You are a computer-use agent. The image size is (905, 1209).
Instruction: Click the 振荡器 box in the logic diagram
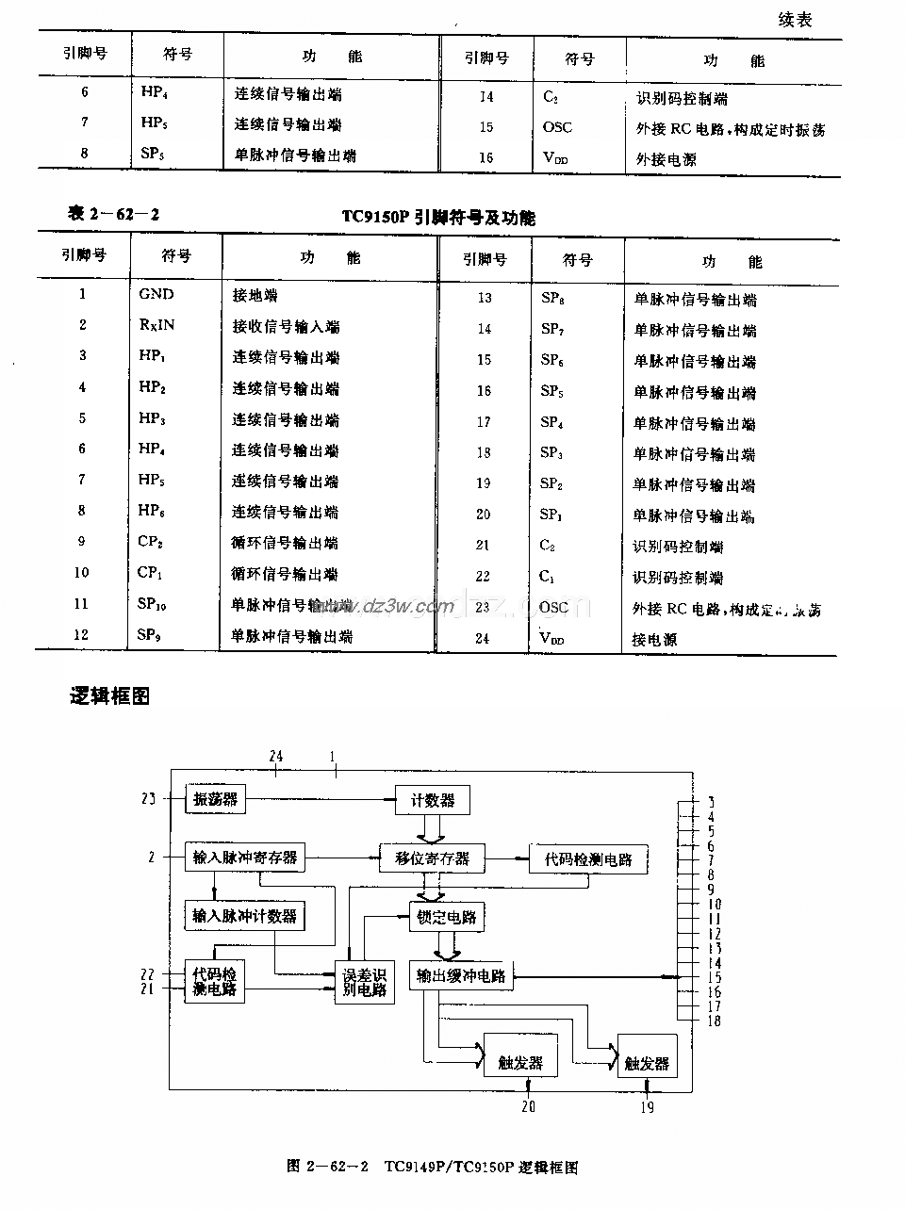[x=215, y=800]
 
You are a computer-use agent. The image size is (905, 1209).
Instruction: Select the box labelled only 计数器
[x=432, y=800]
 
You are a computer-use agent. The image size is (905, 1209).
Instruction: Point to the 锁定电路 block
[x=447, y=916]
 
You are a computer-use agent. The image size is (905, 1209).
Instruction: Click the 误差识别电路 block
[x=364, y=982]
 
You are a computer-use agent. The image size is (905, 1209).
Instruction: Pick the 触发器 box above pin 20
[x=520, y=1062]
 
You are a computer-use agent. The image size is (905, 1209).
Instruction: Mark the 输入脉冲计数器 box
[x=245, y=915]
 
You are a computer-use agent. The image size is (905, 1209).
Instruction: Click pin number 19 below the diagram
[x=647, y=1107]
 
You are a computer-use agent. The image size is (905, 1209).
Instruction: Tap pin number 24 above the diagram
[x=275, y=756]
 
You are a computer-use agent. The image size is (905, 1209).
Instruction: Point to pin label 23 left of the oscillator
[x=148, y=799]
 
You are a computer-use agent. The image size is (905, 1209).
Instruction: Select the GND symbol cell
[x=156, y=294]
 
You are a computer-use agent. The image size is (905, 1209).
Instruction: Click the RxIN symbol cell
[x=156, y=325]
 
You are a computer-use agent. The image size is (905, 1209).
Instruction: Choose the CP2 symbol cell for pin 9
[x=150, y=542]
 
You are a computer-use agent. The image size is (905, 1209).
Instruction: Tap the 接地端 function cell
[x=255, y=295]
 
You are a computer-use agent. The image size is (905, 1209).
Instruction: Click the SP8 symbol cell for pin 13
[x=552, y=299]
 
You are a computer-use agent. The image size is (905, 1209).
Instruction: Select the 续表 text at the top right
[x=795, y=20]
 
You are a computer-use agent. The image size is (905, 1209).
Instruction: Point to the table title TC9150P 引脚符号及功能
[x=438, y=218]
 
